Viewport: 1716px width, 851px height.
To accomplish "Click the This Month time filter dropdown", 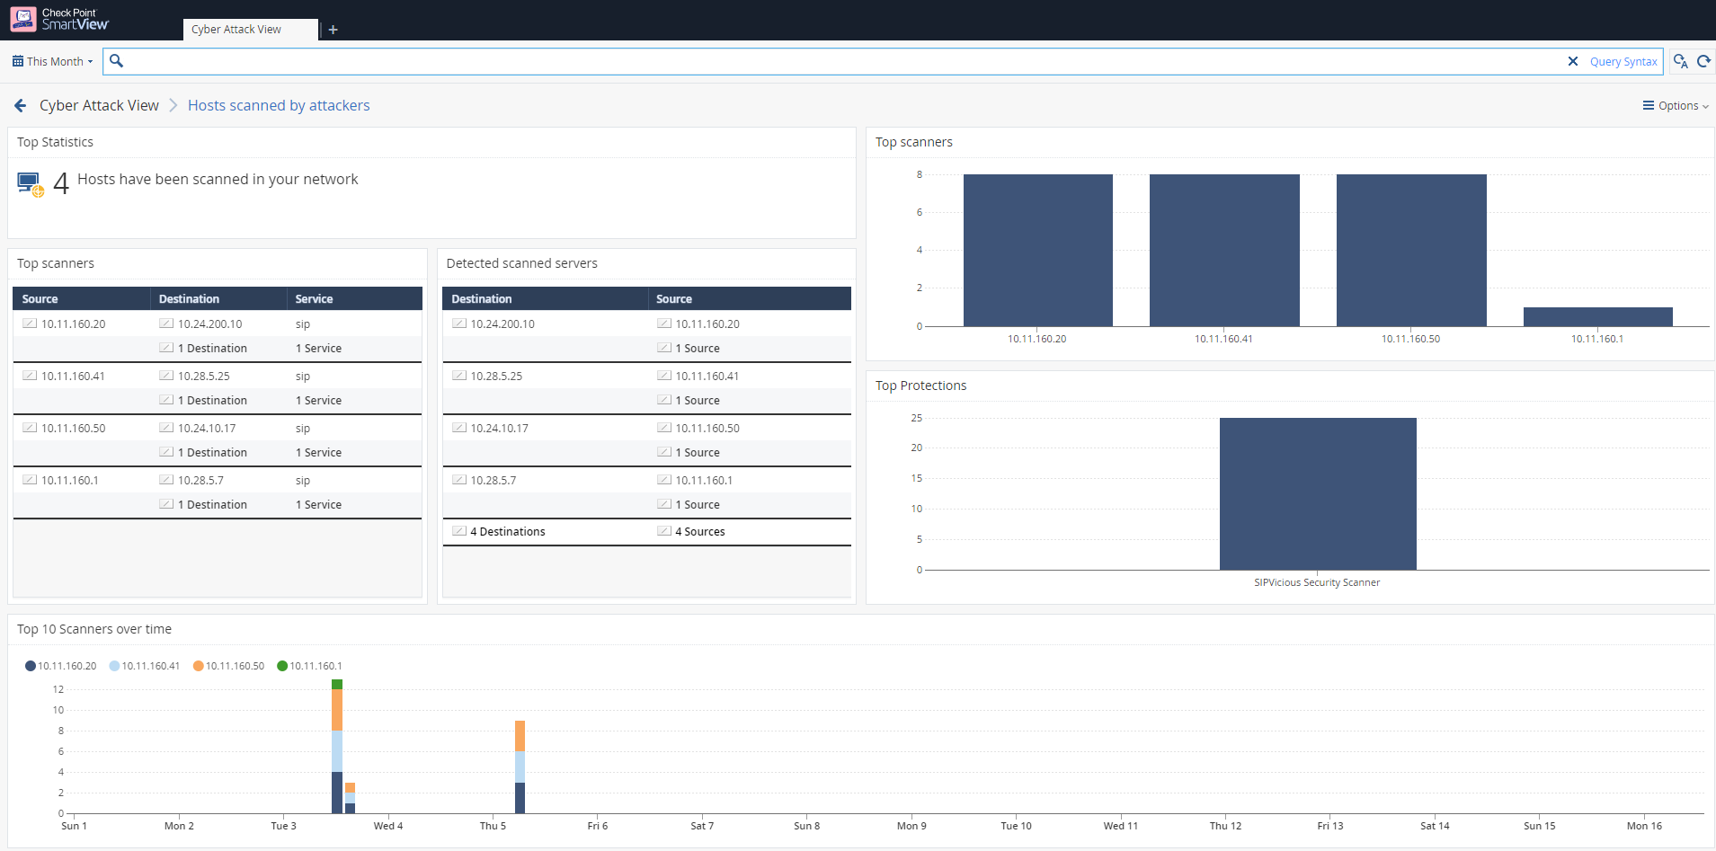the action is click(x=52, y=61).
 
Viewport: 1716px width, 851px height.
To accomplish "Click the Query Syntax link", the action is click(x=1623, y=61).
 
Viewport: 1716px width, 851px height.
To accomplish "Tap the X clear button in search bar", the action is click(x=1573, y=61).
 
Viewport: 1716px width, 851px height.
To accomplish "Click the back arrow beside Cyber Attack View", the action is click(x=21, y=106).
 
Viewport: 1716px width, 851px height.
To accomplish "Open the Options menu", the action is click(x=1676, y=106).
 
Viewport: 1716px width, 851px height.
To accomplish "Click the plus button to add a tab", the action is click(x=333, y=30).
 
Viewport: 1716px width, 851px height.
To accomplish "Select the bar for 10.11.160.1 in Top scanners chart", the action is click(x=1597, y=316).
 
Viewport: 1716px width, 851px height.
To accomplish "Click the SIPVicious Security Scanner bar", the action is click(x=1318, y=493).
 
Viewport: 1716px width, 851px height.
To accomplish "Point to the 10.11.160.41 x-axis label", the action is click(x=1223, y=339).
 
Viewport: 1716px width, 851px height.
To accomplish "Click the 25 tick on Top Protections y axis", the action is click(x=917, y=418).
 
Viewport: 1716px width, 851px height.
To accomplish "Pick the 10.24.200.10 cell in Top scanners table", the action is click(x=209, y=324).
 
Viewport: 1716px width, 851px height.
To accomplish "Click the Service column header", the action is click(x=314, y=298).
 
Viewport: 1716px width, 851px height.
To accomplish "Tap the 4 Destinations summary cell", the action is click(x=507, y=531).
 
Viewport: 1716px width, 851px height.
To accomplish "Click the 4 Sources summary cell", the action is click(x=699, y=531).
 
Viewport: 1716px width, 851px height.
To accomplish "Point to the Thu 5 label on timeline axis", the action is click(x=493, y=826).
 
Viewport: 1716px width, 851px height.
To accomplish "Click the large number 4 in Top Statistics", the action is click(x=61, y=183).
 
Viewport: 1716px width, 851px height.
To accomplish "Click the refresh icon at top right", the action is click(x=1703, y=61).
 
